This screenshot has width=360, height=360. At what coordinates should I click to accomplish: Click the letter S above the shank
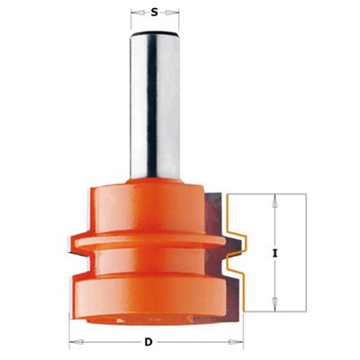point(154,13)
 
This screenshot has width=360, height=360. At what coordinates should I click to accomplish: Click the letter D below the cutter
point(148,342)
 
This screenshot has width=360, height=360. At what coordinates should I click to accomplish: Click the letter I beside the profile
point(274,254)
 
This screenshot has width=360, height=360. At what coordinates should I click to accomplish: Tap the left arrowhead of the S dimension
point(137,13)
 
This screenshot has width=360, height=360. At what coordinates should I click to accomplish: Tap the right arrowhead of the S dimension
point(173,13)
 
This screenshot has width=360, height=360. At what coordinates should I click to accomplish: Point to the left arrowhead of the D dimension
point(76,342)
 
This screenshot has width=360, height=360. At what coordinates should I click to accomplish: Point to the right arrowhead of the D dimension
point(237,342)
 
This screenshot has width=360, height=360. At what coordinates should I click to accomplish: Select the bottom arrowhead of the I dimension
point(274,304)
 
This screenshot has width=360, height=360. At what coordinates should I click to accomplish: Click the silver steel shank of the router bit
point(155,105)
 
